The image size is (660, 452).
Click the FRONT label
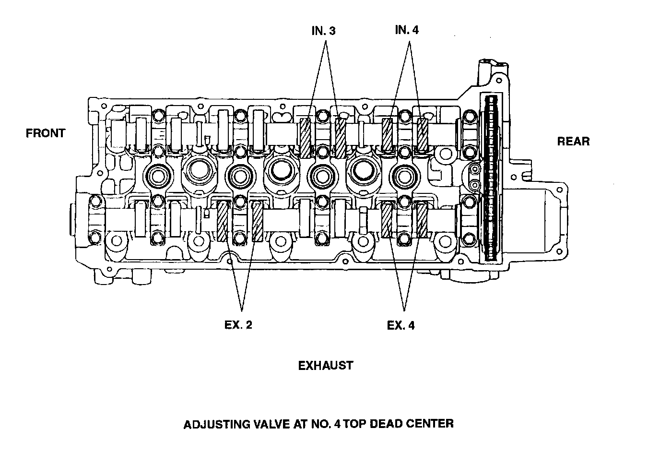click(x=46, y=133)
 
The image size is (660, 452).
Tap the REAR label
click(x=573, y=142)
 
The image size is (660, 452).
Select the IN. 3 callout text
click(x=323, y=31)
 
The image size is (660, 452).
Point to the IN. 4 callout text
click(x=407, y=30)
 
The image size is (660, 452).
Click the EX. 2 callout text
click(x=238, y=325)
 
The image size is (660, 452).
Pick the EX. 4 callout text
click(x=401, y=325)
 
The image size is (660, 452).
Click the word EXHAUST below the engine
click(x=326, y=366)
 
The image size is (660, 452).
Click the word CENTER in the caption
click(x=430, y=424)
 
